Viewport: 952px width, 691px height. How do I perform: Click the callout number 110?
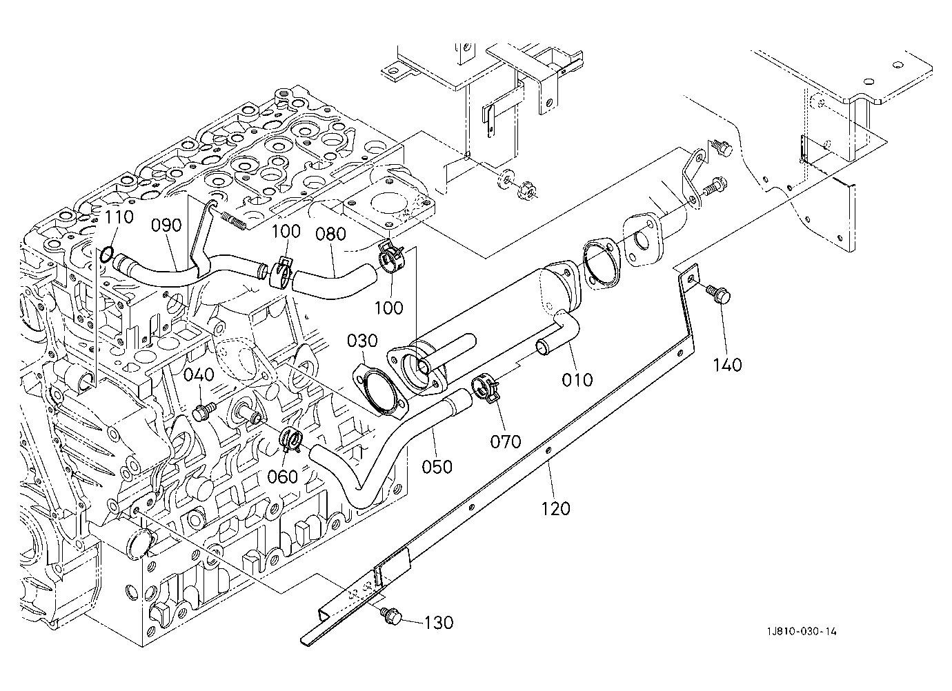119,218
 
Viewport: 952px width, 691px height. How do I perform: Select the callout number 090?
167,226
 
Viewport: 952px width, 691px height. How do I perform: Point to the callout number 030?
362,341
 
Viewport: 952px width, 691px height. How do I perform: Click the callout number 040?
199,375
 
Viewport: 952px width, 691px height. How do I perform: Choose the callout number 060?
282,477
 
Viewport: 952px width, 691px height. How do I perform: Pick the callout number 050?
437,467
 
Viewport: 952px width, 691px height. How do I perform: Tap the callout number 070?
506,442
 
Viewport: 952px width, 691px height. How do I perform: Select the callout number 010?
577,379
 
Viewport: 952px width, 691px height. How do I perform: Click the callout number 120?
556,508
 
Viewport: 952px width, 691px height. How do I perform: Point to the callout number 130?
439,623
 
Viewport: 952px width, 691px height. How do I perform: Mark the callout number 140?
727,365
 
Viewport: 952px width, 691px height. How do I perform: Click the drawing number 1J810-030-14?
802,631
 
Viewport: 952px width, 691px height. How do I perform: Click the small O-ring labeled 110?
106,254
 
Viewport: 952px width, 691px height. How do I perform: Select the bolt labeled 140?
719,294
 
